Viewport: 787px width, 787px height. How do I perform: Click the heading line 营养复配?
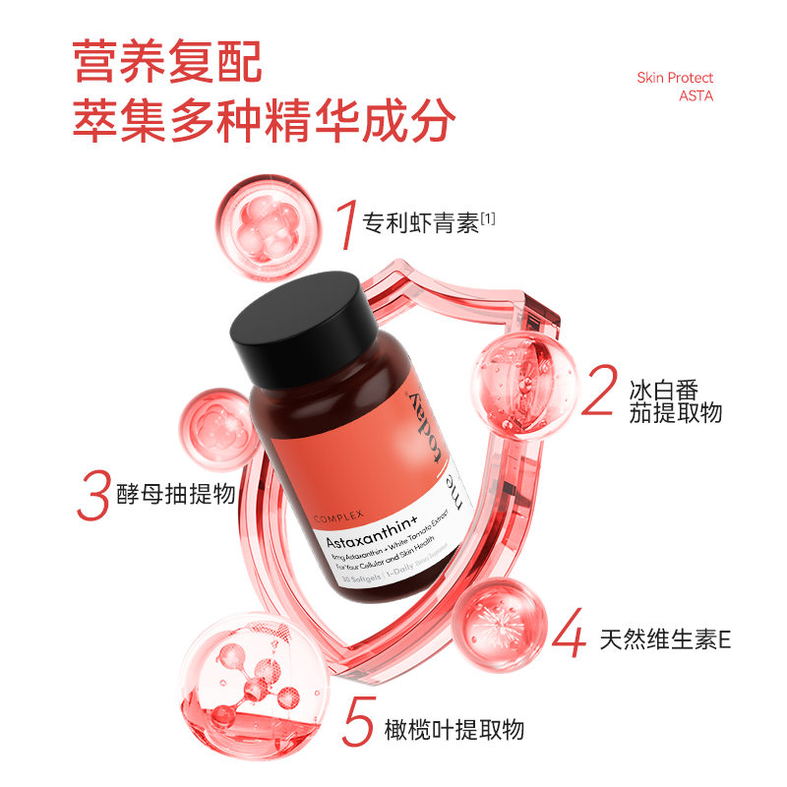[168, 61]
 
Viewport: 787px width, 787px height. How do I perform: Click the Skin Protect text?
[675, 78]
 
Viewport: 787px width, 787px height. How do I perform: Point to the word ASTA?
[696, 96]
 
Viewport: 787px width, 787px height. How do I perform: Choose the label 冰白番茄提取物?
[676, 398]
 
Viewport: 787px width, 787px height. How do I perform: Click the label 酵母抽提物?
[174, 493]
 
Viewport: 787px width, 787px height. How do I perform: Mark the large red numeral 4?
[568, 635]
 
